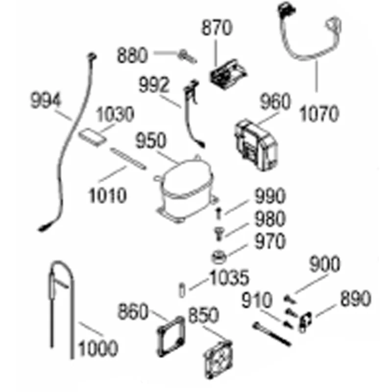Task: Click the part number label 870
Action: pos(217,27)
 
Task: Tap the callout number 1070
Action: pos(319,114)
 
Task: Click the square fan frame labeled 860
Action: pos(171,336)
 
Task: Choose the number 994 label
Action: pos(46,100)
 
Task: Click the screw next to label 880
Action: pos(188,57)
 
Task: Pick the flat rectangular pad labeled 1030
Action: pos(92,137)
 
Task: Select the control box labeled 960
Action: pos(256,145)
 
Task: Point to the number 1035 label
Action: pos(229,277)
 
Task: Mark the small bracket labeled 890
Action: pos(306,322)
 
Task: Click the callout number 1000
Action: pos(98,348)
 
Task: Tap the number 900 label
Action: pos(324,264)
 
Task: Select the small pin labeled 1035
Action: pos(182,291)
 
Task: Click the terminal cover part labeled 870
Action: pos(228,74)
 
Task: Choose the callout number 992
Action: pos(154,85)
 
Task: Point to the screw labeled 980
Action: pos(219,234)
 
